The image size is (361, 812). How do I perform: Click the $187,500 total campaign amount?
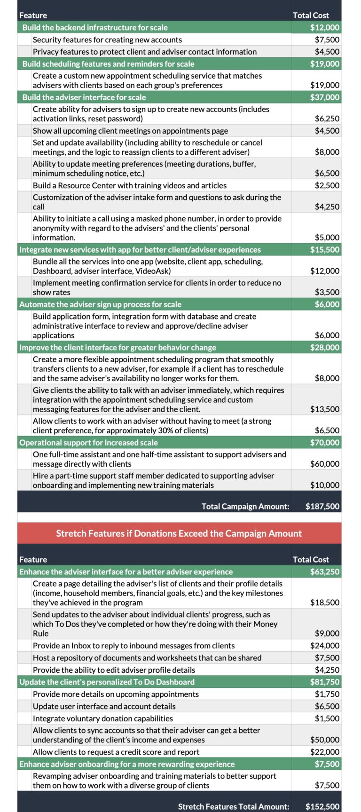[322, 507]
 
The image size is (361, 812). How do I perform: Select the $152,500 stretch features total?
[322, 806]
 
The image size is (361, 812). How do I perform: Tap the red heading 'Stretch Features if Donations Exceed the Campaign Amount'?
[179, 533]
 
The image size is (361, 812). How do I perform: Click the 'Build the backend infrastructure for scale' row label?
[95, 28]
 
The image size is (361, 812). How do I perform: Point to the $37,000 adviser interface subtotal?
[324, 97]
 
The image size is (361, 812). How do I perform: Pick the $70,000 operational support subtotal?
[324, 443]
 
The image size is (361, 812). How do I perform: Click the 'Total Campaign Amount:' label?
[245, 507]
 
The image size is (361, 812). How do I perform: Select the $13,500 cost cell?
[324, 409]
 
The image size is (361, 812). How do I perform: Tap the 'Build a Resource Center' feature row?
[130, 186]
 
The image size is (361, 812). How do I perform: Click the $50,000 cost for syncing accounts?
[324, 740]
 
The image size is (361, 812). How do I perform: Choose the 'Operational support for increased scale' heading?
[88, 443]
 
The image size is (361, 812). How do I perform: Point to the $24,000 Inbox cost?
[324, 646]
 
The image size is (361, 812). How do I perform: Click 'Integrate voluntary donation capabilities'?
[103, 719]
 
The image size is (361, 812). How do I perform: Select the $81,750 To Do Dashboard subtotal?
[324, 682]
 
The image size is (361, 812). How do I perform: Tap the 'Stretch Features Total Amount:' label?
[234, 806]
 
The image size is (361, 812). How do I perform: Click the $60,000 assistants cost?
[324, 464]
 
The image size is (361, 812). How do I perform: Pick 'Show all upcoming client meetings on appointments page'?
[130, 131]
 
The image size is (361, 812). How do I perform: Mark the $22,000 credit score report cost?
[324, 752]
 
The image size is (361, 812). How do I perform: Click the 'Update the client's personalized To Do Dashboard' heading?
[107, 682]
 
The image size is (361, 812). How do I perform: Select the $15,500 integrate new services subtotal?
[324, 250]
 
